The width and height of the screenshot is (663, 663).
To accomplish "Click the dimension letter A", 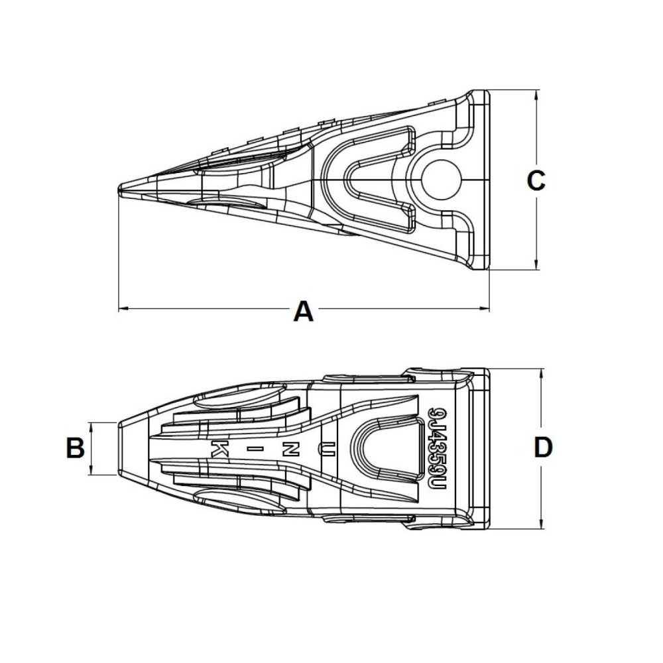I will (x=303, y=310).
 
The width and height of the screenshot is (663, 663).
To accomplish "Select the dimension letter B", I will (x=76, y=449).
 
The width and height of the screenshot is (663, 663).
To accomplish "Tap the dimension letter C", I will (x=535, y=180).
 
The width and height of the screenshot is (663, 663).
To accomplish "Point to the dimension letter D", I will (x=542, y=448).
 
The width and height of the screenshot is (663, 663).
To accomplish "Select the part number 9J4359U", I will (x=435, y=449).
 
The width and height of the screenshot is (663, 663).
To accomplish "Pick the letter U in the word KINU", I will (x=326, y=449).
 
